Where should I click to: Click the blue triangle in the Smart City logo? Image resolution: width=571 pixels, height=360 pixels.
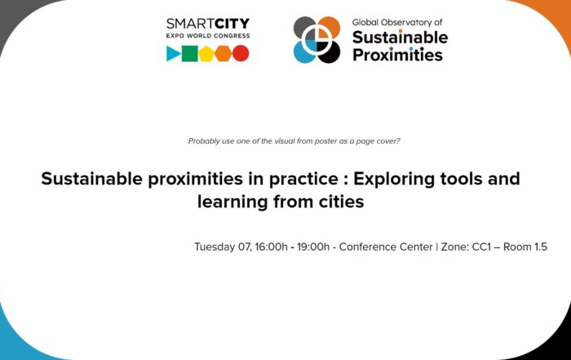(173, 54)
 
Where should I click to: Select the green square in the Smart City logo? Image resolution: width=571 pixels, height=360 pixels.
(190, 54)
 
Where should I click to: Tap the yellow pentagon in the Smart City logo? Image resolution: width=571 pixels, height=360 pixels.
(206, 54)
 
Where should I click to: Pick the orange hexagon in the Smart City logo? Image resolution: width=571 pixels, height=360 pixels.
(224, 54)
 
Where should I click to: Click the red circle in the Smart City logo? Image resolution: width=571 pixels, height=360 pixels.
(241, 54)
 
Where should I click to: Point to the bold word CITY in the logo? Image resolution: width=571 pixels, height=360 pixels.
(232, 24)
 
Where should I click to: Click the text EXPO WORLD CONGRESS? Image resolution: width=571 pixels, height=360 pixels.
(208, 36)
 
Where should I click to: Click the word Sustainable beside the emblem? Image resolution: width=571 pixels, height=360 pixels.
(401, 38)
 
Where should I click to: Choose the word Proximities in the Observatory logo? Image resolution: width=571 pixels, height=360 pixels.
(398, 55)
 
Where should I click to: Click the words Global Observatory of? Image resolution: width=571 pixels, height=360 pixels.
(397, 22)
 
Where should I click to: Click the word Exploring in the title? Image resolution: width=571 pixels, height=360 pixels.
(394, 180)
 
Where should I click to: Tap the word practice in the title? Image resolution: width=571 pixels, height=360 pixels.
(303, 180)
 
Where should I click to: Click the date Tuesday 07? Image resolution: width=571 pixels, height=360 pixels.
(223, 247)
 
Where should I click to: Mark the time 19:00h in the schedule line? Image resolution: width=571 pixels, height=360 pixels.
(313, 247)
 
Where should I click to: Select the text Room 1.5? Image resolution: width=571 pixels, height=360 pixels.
(525, 247)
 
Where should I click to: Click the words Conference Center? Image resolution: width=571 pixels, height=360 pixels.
(386, 247)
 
